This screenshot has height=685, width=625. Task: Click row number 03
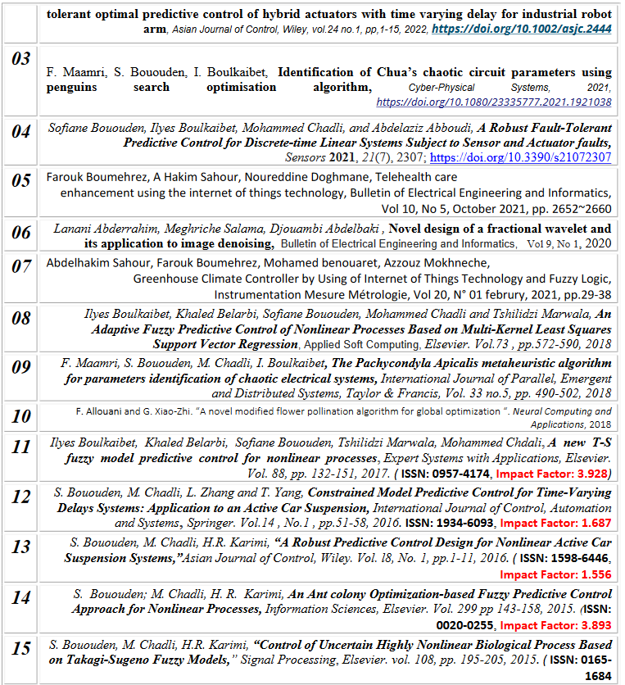20,59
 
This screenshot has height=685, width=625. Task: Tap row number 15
20,649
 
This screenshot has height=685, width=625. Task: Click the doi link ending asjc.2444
522,28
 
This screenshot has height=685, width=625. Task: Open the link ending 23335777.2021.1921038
494,102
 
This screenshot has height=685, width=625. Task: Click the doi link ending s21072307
520,157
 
